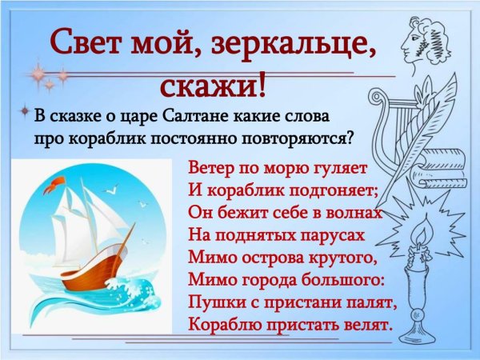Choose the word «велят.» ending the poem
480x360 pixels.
tap(365, 325)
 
